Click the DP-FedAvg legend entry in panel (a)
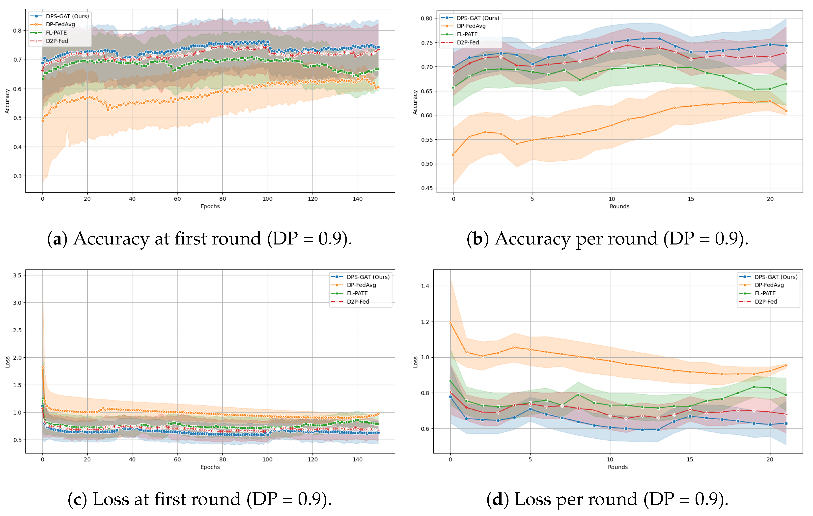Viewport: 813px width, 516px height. tap(60, 24)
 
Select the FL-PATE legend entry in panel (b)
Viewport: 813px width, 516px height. tap(467, 34)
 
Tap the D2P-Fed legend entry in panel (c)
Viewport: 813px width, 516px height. tap(358, 302)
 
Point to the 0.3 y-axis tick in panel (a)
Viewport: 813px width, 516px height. tap(18, 176)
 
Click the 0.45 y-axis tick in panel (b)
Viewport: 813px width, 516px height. tap(426, 188)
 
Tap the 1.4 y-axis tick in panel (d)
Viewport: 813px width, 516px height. tap(425, 286)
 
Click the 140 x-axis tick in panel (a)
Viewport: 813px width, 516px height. tap(358, 199)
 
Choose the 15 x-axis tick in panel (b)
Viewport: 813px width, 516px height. tap(691, 199)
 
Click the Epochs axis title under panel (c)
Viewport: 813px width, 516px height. tap(210, 467)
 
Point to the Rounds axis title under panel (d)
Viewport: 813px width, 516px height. tap(618, 467)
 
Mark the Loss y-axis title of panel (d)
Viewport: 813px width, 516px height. tap(415, 362)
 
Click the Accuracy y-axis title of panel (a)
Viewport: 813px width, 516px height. tap(7, 101)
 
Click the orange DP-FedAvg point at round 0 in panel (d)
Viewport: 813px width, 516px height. tap(450, 322)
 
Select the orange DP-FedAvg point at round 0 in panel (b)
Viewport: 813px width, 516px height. tap(453, 155)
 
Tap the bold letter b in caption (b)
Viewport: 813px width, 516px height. tap(477, 239)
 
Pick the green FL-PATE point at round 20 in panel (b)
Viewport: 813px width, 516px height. tap(770, 89)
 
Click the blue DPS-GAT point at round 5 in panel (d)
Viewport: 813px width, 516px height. tap(530, 409)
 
